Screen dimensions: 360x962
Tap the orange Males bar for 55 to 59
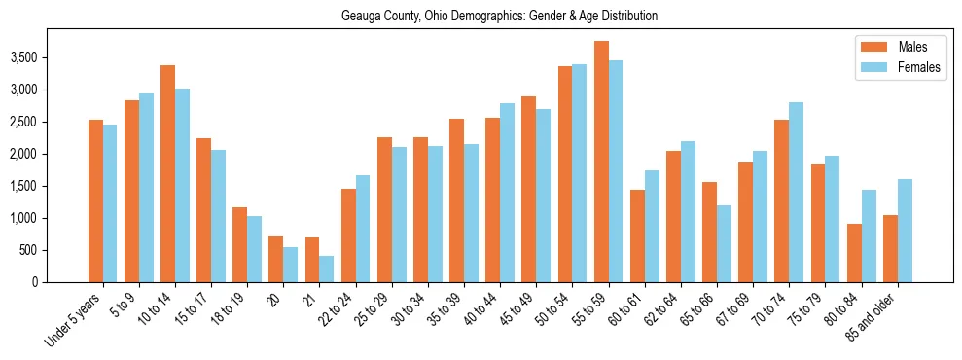coord(601,162)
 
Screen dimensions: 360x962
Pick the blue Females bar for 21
coord(327,269)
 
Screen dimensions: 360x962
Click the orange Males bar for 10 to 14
coord(168,173)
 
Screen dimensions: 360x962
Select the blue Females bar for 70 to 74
coord(796,192)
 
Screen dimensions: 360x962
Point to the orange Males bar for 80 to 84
coord(854,253)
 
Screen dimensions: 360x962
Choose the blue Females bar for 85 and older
coord(905,231)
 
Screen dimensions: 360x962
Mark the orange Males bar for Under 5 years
coord(95,200)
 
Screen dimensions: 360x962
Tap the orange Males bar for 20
coord(276,259)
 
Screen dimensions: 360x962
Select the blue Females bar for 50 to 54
coord(580,173)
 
